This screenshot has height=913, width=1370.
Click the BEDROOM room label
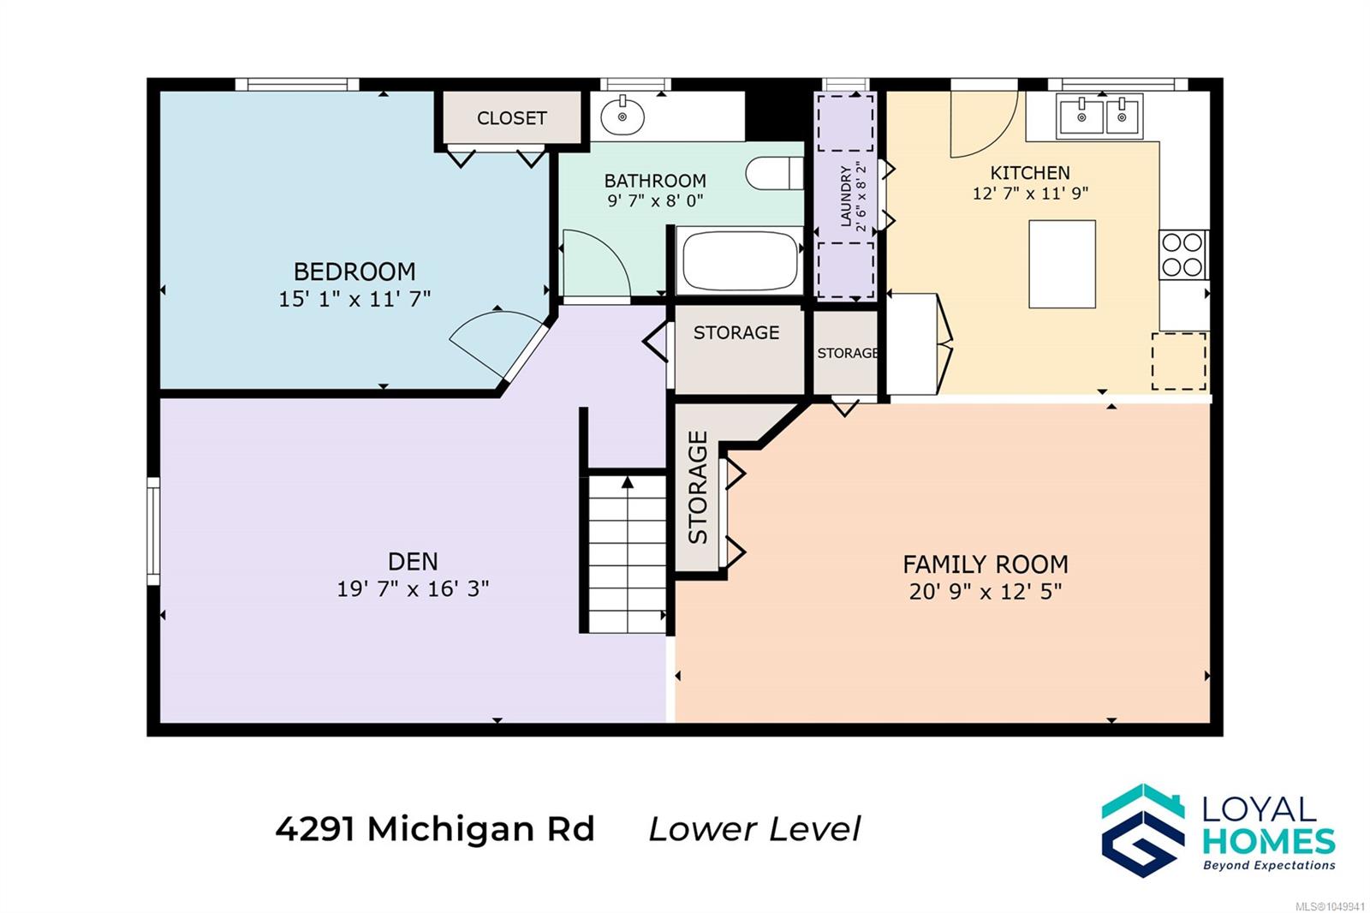coord(354,272)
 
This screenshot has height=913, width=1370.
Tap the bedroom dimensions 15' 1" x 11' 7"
coord(354,299)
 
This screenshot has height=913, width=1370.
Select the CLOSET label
coord(511,118)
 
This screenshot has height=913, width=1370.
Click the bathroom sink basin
coord(622,116)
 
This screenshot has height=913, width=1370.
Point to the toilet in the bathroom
coord(774,173)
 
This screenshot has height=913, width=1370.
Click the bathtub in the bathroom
coord(740,261)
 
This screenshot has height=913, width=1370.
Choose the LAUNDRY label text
coord(846,196)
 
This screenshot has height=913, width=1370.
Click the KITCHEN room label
coord(1030,172)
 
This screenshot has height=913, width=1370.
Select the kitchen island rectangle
coord(1062,265)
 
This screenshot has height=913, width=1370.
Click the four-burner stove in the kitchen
coord(1182,254)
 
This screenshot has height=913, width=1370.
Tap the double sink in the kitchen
coord(1099,116)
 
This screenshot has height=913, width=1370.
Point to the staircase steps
coord(627,554)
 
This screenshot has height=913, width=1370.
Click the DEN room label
coord(413,561)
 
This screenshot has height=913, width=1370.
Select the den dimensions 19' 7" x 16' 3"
coord(413,588)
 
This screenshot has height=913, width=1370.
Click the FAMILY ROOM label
coord(986,564)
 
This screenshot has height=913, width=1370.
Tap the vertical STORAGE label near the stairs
coord(698,487)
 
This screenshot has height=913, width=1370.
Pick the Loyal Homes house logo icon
coord(1142,830)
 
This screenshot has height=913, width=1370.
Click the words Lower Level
coord(754,829)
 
